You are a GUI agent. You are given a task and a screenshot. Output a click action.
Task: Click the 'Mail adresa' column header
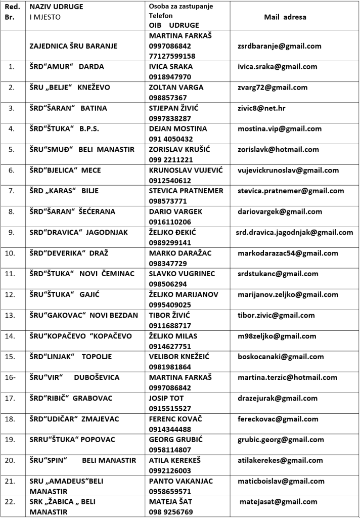(285, 17)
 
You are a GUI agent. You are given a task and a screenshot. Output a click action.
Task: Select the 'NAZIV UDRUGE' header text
(56, 7)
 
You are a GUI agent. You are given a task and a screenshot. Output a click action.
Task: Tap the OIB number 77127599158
(172, 56)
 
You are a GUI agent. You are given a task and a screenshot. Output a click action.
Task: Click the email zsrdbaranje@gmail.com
(279, 46)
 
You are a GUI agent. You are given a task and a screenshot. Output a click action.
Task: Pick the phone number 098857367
(168, 98)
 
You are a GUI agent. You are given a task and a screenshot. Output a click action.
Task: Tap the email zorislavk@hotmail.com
(278, 149)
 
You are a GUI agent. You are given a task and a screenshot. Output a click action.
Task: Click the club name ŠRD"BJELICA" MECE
(65, 170)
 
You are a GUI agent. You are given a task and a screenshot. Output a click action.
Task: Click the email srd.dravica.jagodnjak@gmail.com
(294, 232)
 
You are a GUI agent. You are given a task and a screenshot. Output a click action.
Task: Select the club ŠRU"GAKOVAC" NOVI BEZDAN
(83, 315)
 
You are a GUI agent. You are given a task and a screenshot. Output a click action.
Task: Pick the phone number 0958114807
(170, 449)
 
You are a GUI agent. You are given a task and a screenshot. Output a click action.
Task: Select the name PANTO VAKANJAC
(181, 481)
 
